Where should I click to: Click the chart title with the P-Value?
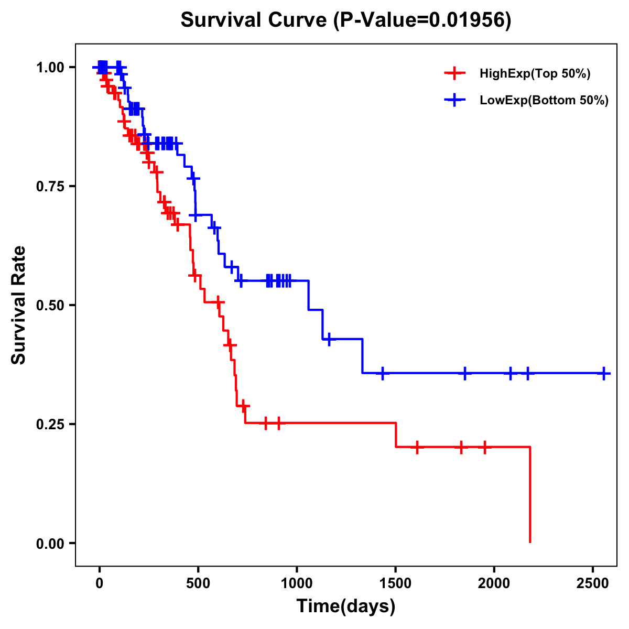[345, 20]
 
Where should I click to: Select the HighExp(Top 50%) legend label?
[535, 74]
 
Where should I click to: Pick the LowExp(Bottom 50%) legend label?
[544, 101]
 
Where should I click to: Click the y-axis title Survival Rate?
[19, 305]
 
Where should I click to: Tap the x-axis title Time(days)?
[346, 606]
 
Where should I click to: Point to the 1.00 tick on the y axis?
[50, 68]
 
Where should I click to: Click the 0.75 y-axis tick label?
[50, 187]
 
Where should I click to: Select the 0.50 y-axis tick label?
[50, 305]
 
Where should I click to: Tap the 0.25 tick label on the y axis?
[50, 424]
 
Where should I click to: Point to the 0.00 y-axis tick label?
[50, 543]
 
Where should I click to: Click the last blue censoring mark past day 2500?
[604, 373]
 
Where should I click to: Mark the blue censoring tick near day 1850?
[464, 373]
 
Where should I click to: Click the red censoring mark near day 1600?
[417, 447]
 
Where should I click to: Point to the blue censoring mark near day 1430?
[383, 373]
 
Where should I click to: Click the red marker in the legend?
[455, 74]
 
